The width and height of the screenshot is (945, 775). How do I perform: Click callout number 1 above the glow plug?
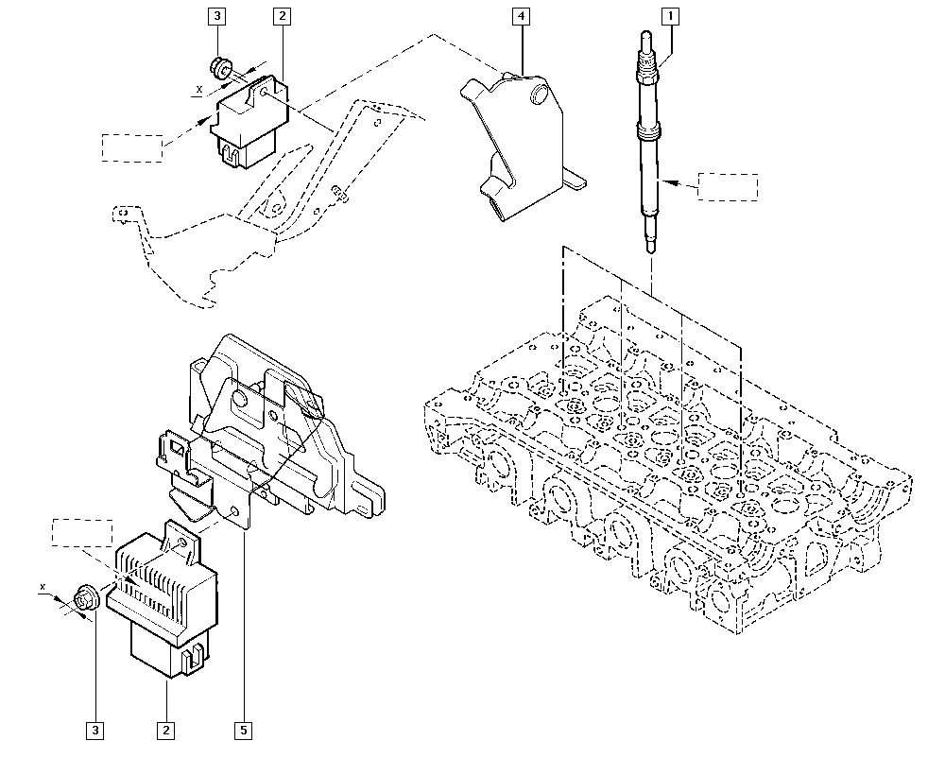(670, 16)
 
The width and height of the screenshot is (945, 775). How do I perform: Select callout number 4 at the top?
(521, 16)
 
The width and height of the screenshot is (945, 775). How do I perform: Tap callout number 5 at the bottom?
(243, 731)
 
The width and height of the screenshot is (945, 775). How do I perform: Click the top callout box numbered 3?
(217, 16)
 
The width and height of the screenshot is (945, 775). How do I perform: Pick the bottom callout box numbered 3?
(94, 731)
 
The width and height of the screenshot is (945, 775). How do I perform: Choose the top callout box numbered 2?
(282, 16)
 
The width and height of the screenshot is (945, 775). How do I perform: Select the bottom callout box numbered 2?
(165, 731)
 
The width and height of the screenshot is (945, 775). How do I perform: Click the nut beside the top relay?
(221, 67)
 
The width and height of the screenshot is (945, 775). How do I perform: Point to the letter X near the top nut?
(199, 89)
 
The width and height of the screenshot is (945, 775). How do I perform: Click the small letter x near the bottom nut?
(43, 586)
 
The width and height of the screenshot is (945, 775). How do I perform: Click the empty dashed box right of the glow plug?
(728, 187)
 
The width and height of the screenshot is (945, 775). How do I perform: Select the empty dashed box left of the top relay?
(132, 147)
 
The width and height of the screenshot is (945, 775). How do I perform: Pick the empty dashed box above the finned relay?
(82, 533)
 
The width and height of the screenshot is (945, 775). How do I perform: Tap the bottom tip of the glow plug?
(651, 251)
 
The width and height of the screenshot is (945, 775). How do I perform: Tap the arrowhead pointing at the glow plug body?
(669, 181)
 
